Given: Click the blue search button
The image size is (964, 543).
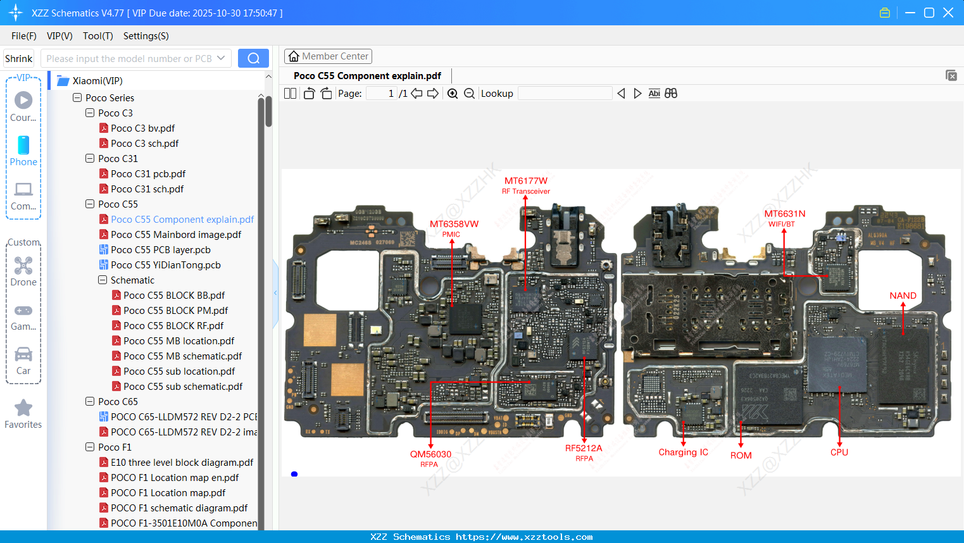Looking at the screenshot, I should (253, 58).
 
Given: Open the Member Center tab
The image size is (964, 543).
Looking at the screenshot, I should (328, 56).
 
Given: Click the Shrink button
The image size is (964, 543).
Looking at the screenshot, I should (18, 58).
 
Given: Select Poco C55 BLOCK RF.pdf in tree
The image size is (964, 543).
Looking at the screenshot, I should (173, 326).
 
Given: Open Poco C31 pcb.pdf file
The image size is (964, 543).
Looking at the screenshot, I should (147, 174).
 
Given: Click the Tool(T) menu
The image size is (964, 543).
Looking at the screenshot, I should (97, 36).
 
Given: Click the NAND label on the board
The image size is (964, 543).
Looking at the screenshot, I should (903, 296).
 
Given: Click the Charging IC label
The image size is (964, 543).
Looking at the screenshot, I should (683, 452).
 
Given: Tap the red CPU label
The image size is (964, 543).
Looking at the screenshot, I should (839, 452).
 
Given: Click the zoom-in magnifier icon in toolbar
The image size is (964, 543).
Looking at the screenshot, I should (453, 94).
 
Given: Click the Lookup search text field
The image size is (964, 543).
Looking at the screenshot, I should (565, 94).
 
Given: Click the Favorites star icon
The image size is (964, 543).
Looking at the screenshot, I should (23, 408).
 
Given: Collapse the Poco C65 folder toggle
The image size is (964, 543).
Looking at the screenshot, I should (90, 401).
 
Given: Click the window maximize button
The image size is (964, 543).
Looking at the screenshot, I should (929, 13).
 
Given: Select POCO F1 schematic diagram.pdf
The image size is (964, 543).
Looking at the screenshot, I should (178, 508).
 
